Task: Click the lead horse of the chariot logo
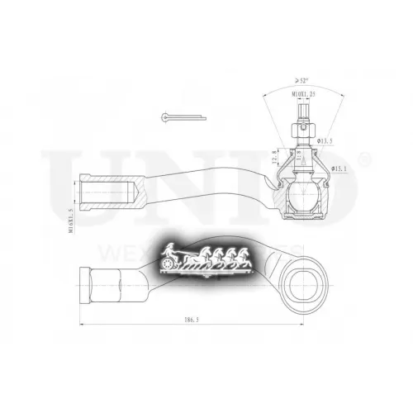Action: pyautogui.click(x=240, y=257)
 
